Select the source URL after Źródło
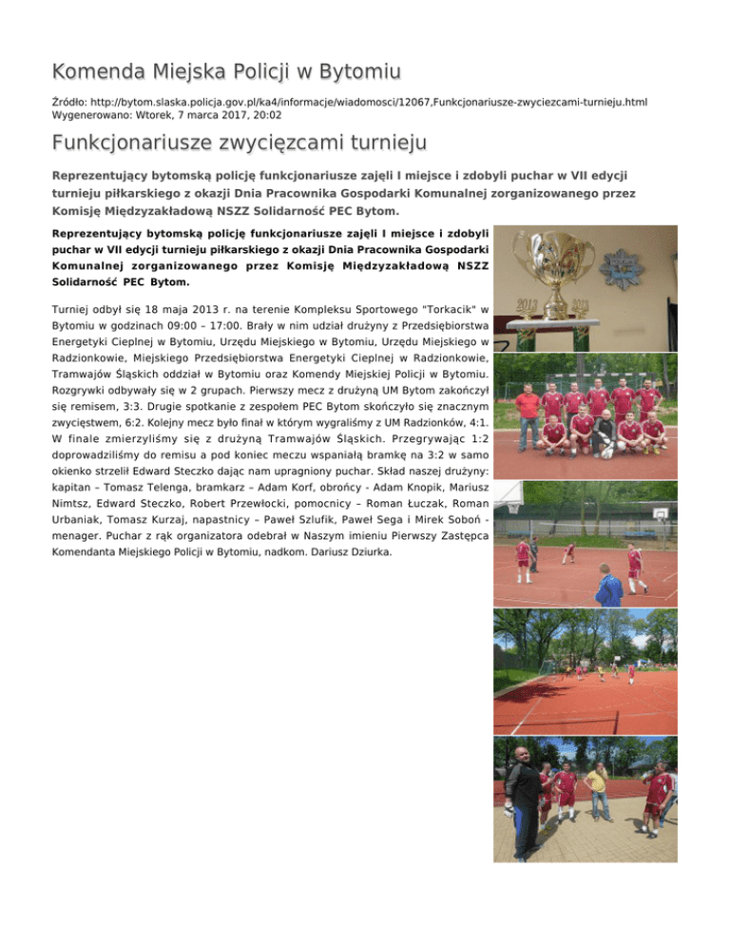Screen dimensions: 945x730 368,99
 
